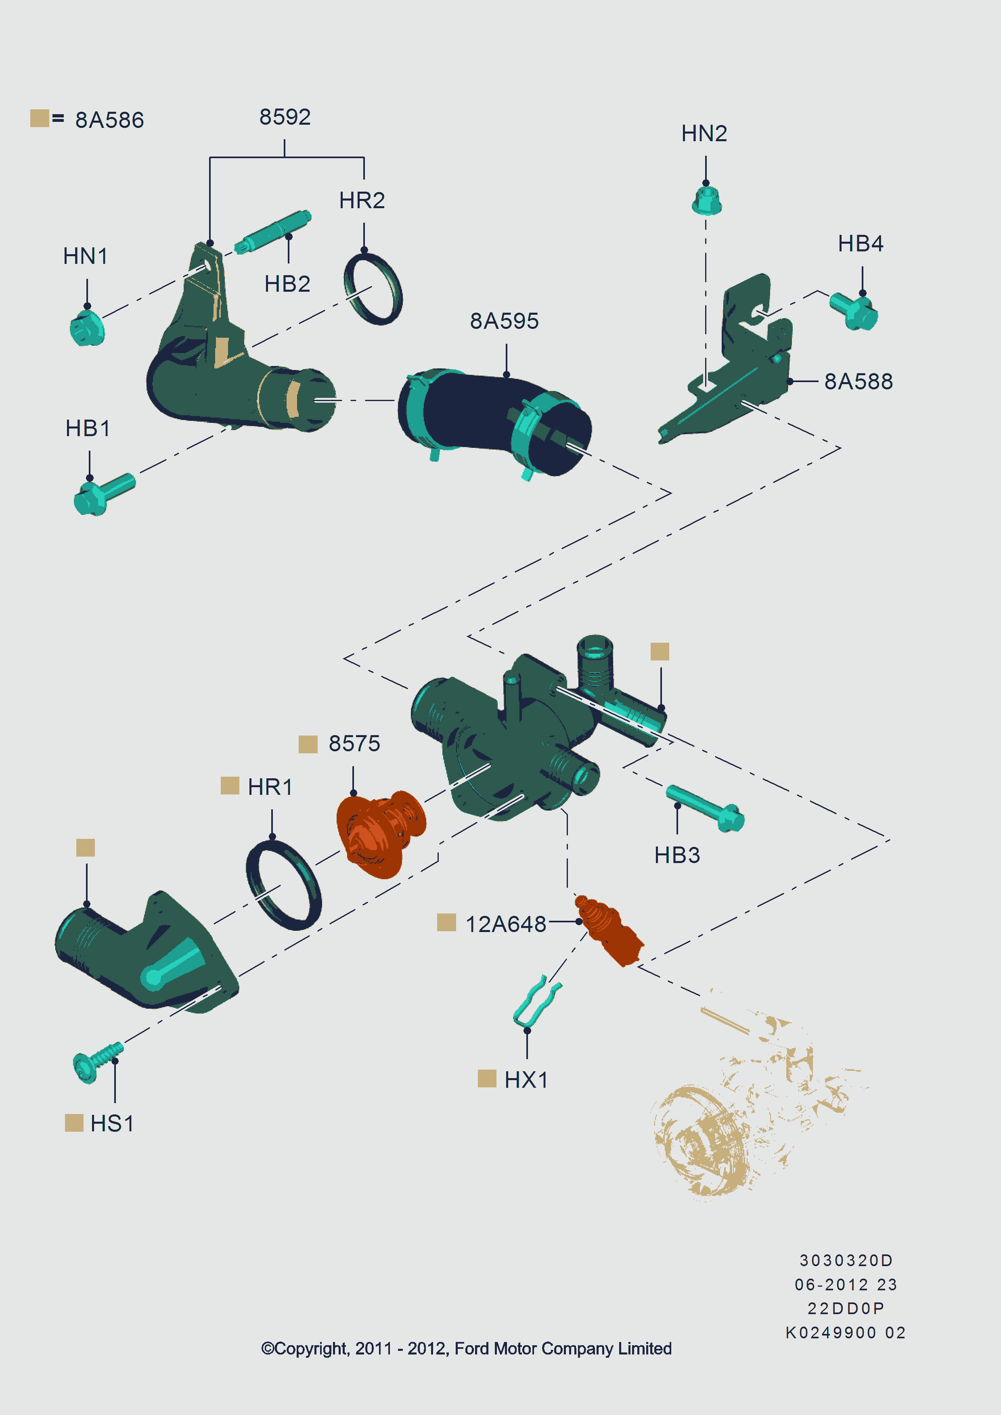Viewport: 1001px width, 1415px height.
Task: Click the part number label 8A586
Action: tap(110, 119)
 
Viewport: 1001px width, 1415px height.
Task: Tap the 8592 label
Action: tap(285, 117)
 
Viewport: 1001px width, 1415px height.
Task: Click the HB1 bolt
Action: tap(104, 493)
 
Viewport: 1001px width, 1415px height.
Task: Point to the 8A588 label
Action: tap(859, 381)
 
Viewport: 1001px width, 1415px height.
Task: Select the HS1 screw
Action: tap(97, 1062)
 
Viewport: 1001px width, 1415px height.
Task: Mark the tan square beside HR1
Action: tap(230, 786)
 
